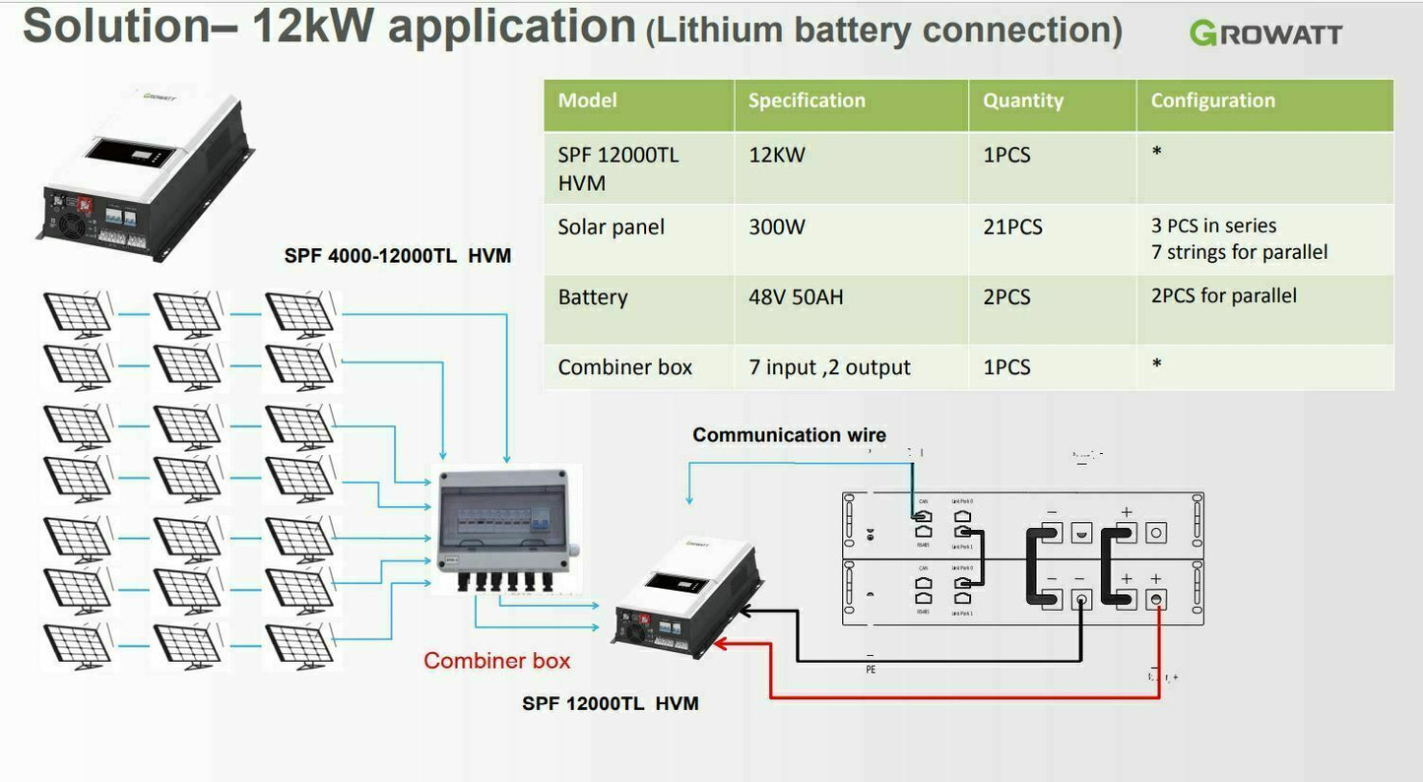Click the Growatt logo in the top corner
point(1265,33)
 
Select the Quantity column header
point(1023,100)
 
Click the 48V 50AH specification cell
point(796,297)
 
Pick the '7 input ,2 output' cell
point(829,367)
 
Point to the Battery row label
point(593,297)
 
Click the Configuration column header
point(1212,100)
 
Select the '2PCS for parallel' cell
point(1223,295)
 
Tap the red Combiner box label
point(496,661)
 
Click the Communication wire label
point(789,435)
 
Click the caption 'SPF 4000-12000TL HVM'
point(398,257)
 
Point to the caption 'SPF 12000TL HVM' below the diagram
point(611,704)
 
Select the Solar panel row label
point(611,228)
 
